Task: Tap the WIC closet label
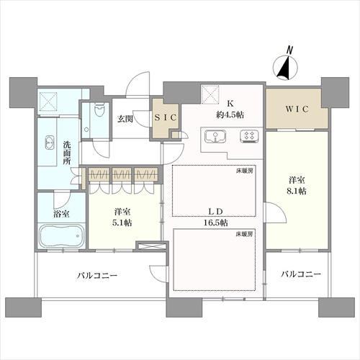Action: [x=296, y=109]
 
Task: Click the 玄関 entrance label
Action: [x=125, y=118]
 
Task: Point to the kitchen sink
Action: [x=215, y=135]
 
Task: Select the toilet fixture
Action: [x=86, y=119]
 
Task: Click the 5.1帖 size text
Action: [x=122, y=222]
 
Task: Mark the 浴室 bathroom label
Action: [x=61, y=214]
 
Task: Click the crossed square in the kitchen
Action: [x=210, y=94]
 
